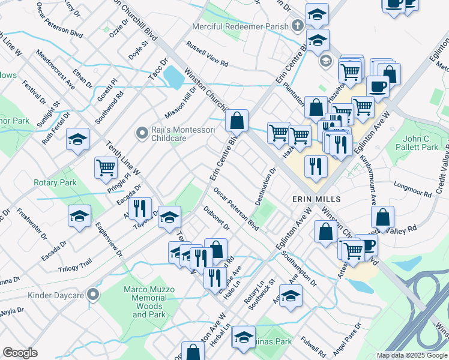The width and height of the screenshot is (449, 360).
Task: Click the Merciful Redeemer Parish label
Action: click(x=240, y=27)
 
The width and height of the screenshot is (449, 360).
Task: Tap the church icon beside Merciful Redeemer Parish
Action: click(x=297, y=26)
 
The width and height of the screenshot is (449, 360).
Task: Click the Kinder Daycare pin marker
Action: click(x=92, y=295)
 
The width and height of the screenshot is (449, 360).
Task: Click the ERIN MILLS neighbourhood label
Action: click(x=316, y=199)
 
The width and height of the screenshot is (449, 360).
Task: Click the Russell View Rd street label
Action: click(x=207, y=54)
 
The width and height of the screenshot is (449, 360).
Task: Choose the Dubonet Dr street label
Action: click(x=217, y=218)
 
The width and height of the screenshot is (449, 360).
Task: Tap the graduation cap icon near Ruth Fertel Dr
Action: click(x=78, y=139)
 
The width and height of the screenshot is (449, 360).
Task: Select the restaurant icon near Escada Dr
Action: click(x=140, y=209)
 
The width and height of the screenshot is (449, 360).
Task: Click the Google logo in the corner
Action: click(x=20, y=353)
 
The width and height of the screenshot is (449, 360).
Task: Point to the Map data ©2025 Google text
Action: click(x=412, y=355)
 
